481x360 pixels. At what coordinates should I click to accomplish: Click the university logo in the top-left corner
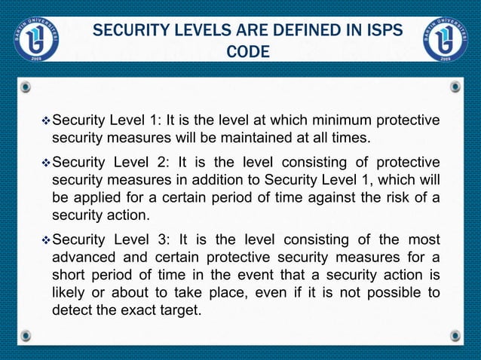click(x=35, y=37)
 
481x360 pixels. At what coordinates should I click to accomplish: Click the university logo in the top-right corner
click(x=446, y=37)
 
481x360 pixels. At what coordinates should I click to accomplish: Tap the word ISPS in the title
click(x=380, y=32)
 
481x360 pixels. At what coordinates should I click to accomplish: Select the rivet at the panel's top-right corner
click(x=455, y=87)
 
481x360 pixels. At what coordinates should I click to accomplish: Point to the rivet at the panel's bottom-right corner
click(x=455, y=334)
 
